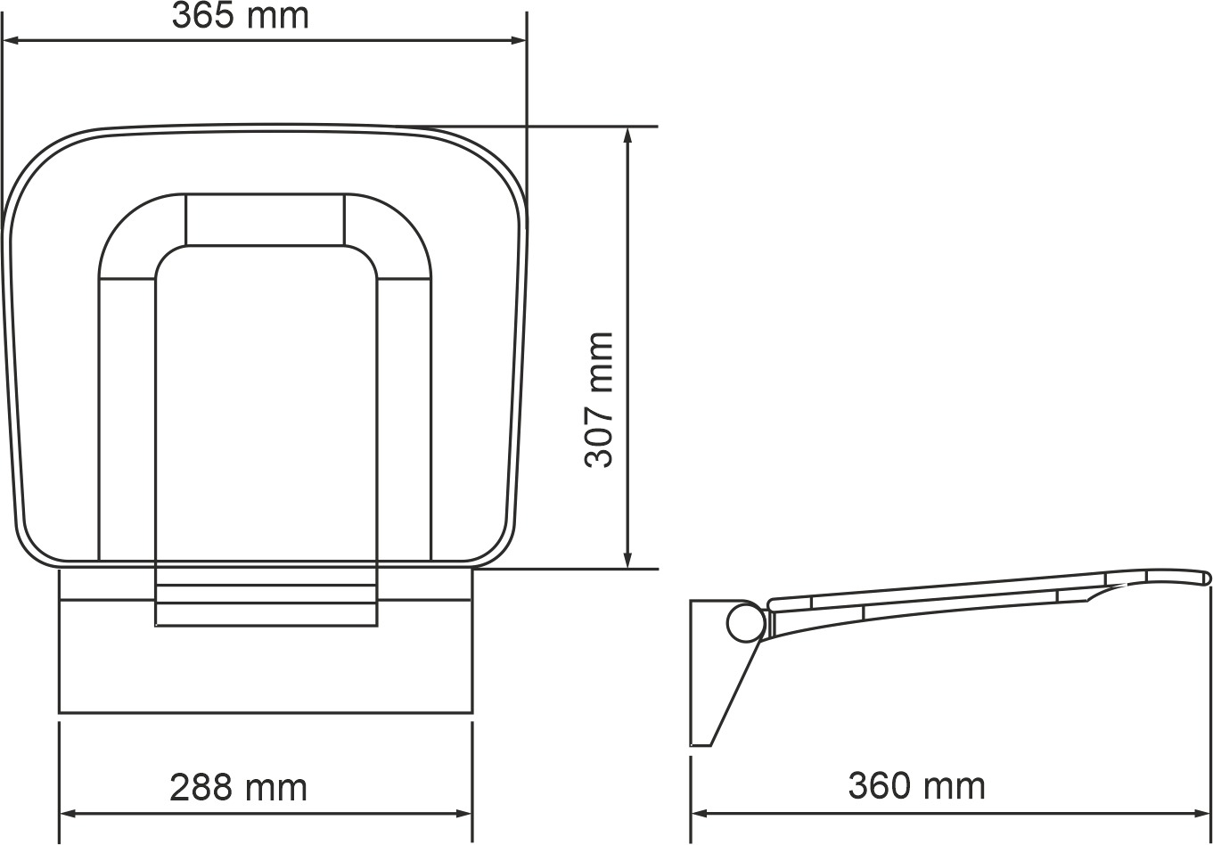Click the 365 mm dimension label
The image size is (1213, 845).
coord(240,16)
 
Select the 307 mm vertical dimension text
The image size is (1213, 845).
coord(599,399)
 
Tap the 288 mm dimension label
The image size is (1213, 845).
coord(238,788)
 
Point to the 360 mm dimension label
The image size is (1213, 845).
coord(916,786)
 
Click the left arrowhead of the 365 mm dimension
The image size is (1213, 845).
coord(11,40)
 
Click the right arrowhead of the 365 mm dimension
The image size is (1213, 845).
coord(518,40)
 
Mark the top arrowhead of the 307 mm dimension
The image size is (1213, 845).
coord(627,135)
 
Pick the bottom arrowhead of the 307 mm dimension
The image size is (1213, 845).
coord(627,560)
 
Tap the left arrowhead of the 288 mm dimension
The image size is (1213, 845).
coord(68,814)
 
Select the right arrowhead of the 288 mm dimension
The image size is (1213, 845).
coord(464,814)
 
